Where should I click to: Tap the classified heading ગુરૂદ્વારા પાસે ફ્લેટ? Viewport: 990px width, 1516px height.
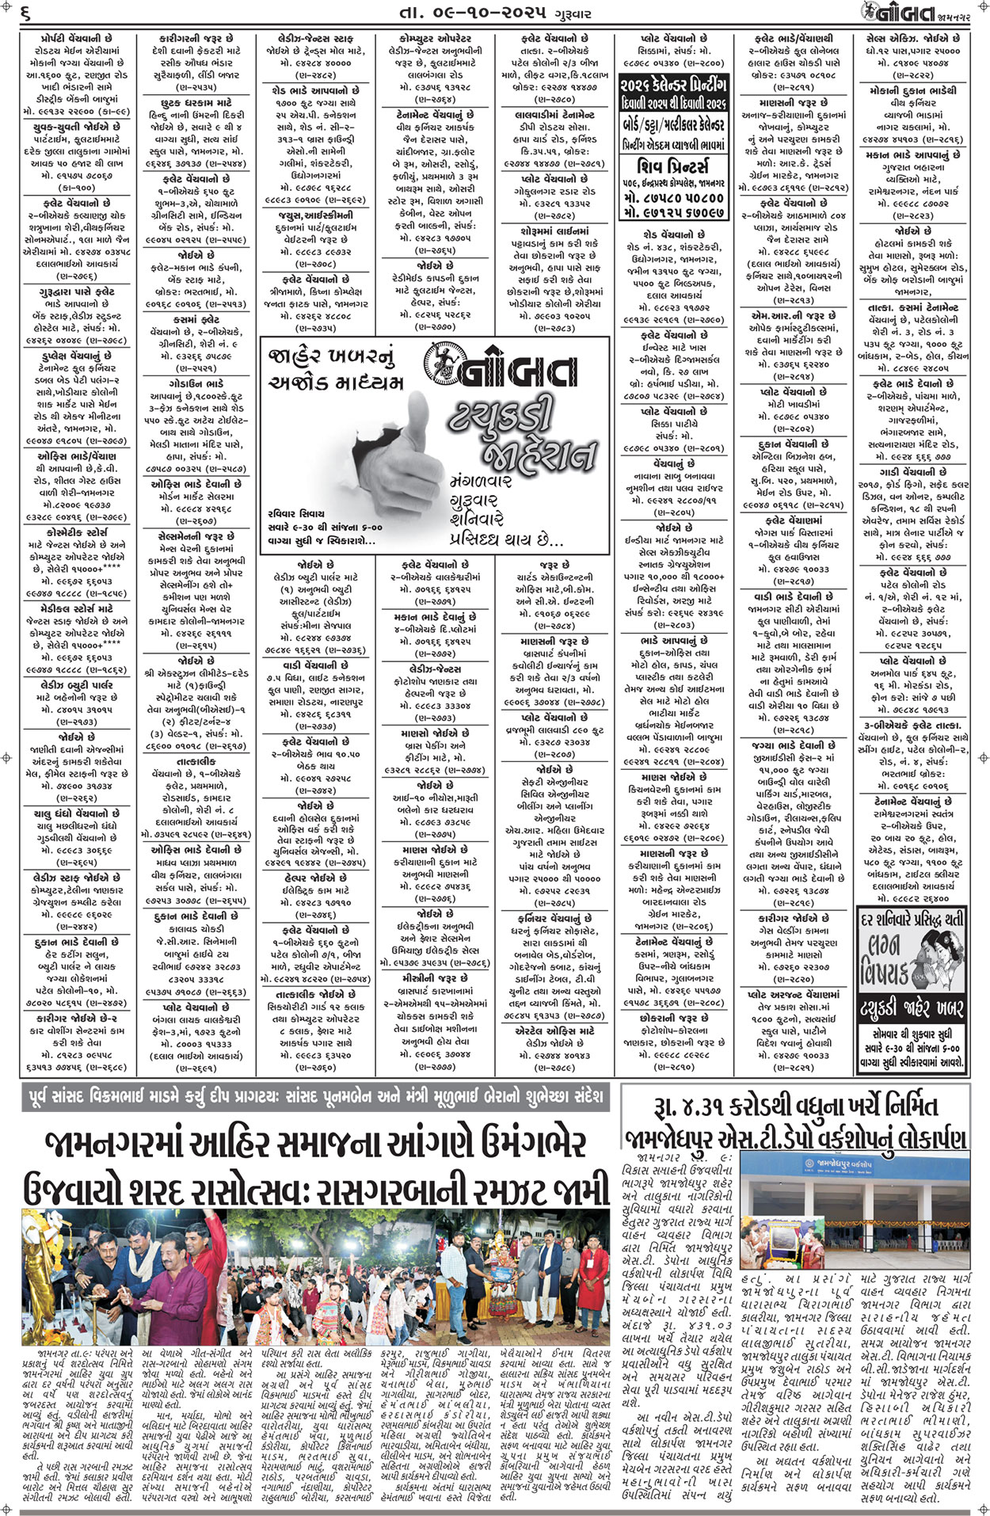click(x=76, y=291)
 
